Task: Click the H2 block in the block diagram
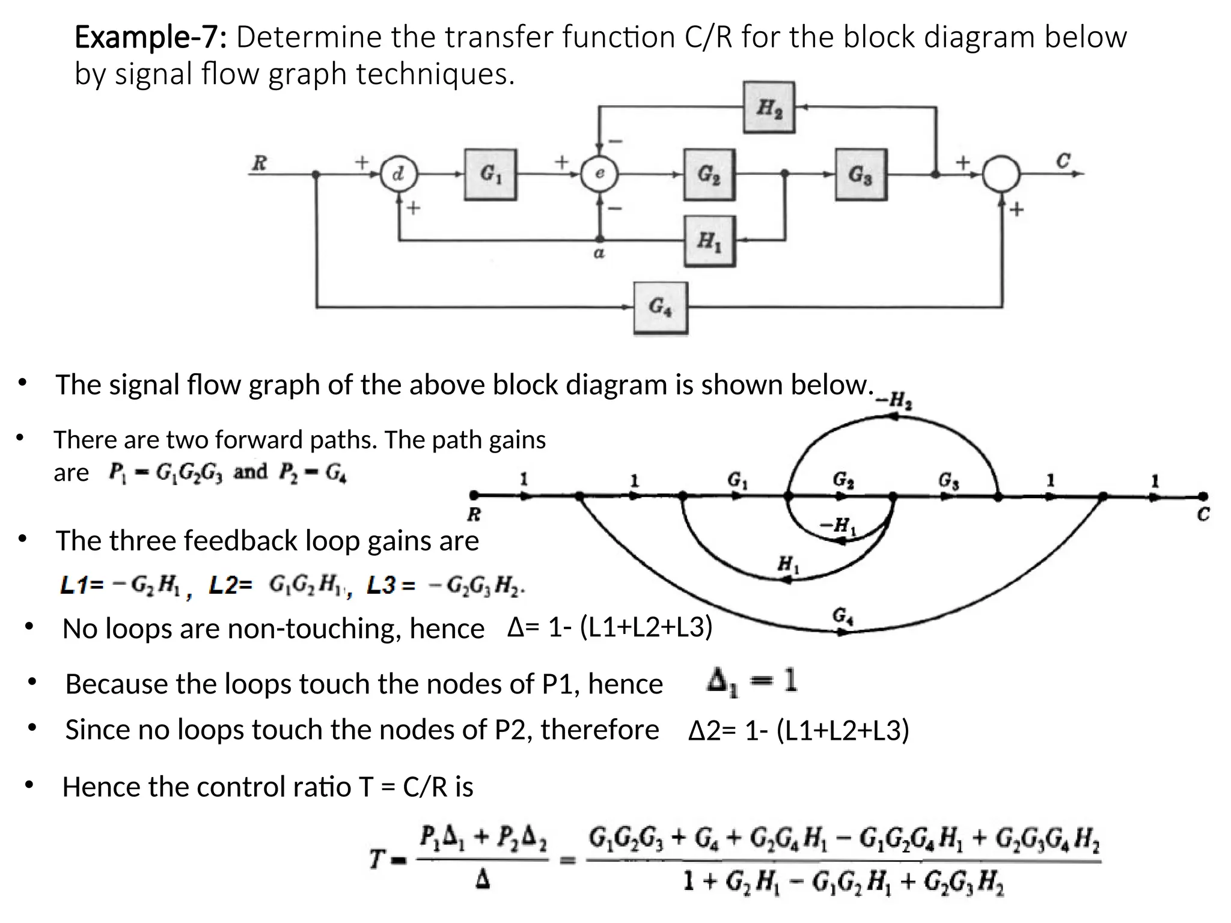pos(769,108)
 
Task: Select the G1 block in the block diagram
pos(490,174)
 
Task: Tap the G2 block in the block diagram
pos(709,174)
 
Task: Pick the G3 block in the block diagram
pos(861,174)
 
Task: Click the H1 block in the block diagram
pos(709,241)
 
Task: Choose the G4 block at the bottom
pos(661,308)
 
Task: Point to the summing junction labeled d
pos(399,174)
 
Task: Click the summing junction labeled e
pos(599,174)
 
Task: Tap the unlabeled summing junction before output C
pos(1001,174)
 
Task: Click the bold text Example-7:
pos(150,37)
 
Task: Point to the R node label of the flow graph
pos(474,514)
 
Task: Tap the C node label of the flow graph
pos(1203,515)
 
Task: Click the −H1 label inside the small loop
pos(837,526)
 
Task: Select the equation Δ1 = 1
pos(752,682)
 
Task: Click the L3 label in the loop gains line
pos(381,585)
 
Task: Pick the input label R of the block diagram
pos(259,162)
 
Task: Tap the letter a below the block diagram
pos(599,254)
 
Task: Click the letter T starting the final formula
pos(377,859)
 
